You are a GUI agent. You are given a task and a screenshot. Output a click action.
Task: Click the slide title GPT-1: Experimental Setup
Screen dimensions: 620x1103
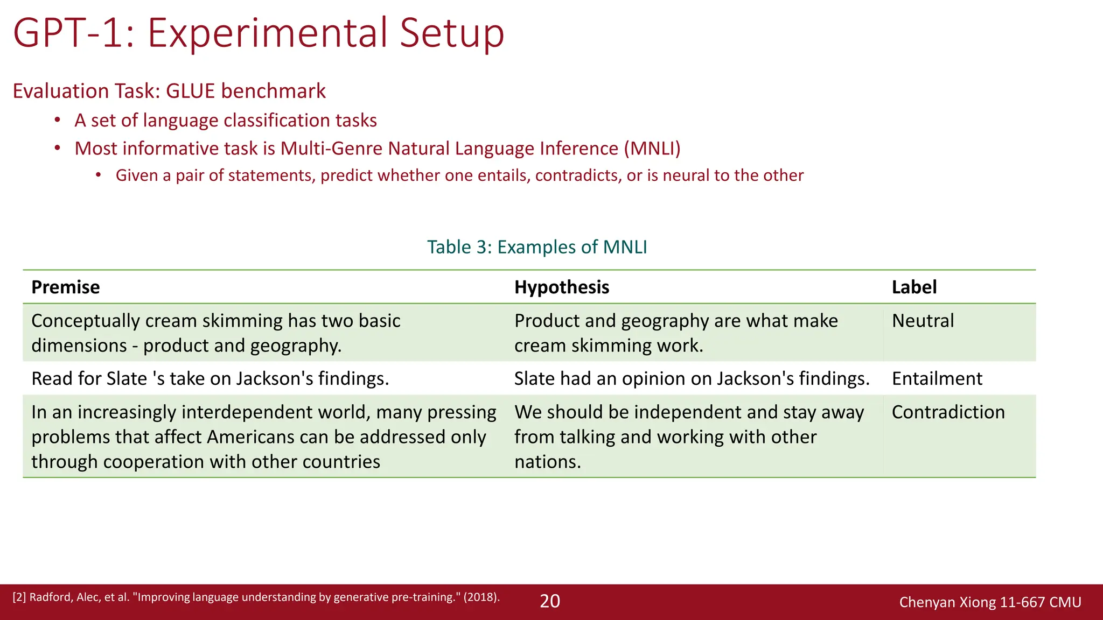tap(259, 33)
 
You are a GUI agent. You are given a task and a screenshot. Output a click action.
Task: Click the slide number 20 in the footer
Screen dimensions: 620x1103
tap(550, 601)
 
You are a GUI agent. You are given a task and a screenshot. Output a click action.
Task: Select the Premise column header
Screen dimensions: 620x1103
tap(66, 287)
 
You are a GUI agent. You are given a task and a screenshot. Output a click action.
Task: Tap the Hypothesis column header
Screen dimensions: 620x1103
tap(562, 287)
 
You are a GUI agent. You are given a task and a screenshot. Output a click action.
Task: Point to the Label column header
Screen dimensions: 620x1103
tap(914, 287)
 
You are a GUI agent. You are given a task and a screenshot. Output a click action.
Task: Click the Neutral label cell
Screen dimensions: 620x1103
tap(923, 321)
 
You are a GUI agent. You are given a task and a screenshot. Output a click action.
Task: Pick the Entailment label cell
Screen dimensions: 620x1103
tap(937, 379)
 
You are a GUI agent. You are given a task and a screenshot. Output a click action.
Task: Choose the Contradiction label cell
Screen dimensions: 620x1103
tap(948, 412)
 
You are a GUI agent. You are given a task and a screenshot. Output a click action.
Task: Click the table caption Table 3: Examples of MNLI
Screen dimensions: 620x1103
tap(537, 247)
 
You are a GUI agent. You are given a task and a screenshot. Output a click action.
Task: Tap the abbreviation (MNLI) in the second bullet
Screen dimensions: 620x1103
tap(652, 149)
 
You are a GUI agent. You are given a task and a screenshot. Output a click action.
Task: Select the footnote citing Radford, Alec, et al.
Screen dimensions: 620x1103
tap(256, 597)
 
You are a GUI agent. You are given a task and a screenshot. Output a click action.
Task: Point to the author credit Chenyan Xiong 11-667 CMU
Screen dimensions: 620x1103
tap(990, 602)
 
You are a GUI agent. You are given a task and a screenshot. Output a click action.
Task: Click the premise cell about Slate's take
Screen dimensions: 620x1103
tap(210, 379)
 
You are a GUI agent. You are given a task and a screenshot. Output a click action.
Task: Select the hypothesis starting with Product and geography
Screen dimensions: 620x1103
tap(676, 333)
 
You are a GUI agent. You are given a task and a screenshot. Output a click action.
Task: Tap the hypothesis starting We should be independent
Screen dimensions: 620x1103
tap(689, 436)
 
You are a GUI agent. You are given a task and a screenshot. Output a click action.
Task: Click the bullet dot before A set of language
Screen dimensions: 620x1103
tap(57, 121)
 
